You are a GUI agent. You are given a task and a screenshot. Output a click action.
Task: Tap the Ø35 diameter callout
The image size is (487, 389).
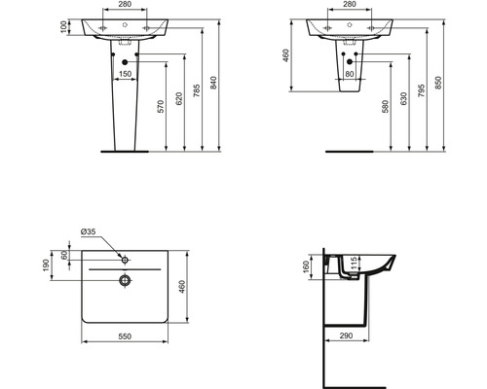coord(89,232)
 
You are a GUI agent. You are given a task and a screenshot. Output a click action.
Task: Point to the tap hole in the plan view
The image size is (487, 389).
coord(126,259)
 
